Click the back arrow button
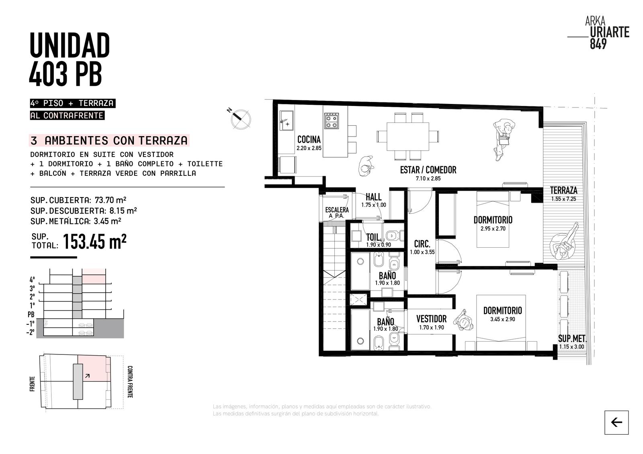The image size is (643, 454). click(x=616, y=422)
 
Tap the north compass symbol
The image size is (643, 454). click(x=240, y=118)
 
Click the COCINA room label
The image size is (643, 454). click(x=309, y=139)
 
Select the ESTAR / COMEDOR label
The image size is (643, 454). click(x=428, y=170)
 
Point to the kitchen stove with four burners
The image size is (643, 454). click(x=332, y=121)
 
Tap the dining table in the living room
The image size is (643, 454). click(x=408, y=136)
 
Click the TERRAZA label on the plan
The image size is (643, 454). click(x=563, y=190)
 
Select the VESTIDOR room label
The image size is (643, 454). click(x=432, y=319)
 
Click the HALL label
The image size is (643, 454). click(x=373, y=197)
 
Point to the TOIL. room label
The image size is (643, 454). click(x=374, y=237)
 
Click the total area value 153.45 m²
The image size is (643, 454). click(x=94, y=242)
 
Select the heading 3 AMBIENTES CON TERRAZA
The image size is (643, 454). click(x=109, y=140)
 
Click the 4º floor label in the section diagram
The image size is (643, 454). click(x=32, y=280)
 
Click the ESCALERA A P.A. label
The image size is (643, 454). click(x=337, y=212)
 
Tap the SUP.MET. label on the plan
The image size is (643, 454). click(x=572, y=338)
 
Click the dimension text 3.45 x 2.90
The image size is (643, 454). click(x=502, y=319)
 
